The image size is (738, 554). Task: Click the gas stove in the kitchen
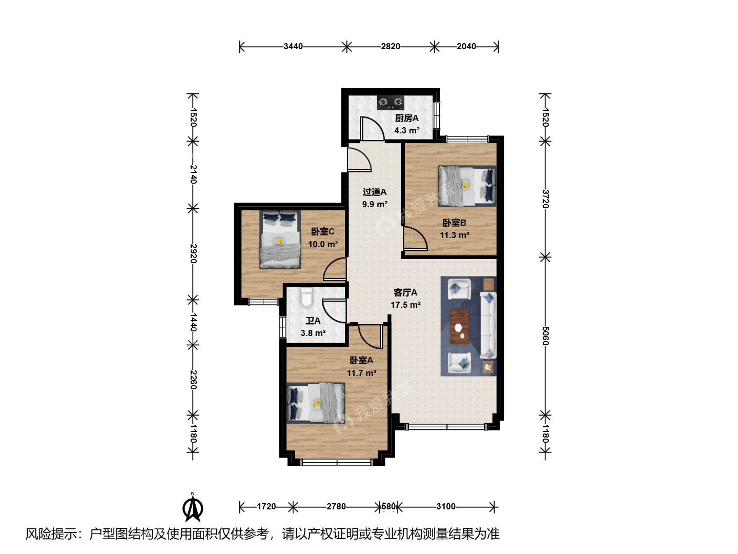(391, 103)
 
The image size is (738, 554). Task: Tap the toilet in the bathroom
(306, 298)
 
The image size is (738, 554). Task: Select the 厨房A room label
(406, 118)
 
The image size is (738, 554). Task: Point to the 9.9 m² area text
(375, 204)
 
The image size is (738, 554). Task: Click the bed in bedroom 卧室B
(467, 186)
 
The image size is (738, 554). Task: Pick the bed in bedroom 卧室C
(280, 239)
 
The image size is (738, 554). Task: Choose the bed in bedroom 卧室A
(316, 403)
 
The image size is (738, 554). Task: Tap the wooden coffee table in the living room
(460, 326)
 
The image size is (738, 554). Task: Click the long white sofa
(487, 325)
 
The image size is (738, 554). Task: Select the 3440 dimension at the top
(293, 46)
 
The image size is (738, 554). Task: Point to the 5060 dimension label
(545, 335)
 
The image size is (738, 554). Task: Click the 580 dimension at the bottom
(388, 506)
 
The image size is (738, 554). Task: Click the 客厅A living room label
(405, 292)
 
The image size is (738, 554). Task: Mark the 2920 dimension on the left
(193, 253)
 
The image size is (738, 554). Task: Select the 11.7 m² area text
(361, 373)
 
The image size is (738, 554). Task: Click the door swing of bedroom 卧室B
(415, 239)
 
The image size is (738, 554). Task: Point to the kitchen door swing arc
(372, 128)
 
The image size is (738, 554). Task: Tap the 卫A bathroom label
(313, 321)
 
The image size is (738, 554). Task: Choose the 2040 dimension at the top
(466, 46)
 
